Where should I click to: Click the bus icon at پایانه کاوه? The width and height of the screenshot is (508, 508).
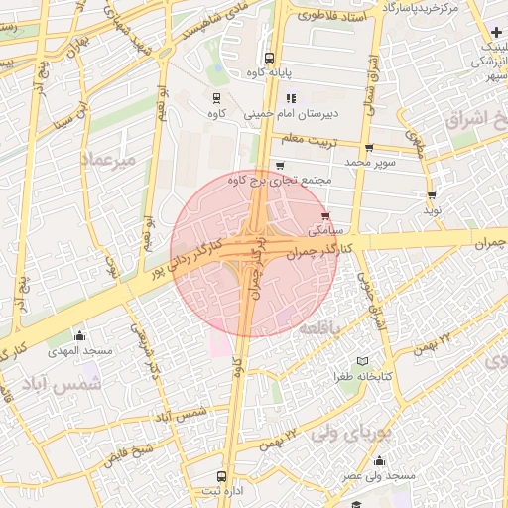pos(270,57)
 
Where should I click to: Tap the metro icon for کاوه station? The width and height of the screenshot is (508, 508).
pos(215,97)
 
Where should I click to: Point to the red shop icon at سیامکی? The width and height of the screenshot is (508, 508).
pos(325,215)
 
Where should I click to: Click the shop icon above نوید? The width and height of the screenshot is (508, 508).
pos(432,195)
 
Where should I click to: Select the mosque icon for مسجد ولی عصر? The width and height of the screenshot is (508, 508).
pos(379,460)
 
